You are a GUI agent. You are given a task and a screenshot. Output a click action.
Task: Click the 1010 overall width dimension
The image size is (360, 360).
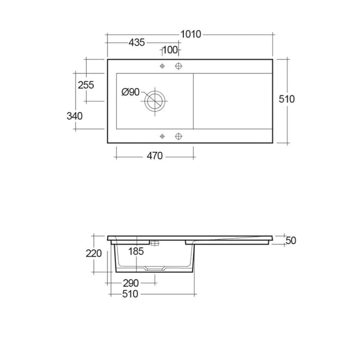(x=191, y=35)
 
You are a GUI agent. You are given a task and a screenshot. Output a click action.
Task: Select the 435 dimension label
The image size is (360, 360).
(x=137, y=43)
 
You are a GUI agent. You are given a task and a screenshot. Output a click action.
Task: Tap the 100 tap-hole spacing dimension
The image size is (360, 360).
(x=170, y=50)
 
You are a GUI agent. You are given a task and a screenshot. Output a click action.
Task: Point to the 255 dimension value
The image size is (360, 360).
(x=86, y=85)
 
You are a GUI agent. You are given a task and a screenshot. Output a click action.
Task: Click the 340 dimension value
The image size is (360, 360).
(x=74, y=116)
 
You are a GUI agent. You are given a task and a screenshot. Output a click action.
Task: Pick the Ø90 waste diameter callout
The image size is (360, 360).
(x=130, y=92)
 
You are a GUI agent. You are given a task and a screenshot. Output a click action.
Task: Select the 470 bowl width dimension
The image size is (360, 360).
(x=155, y=156)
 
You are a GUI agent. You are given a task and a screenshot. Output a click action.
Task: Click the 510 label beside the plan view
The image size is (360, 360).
(x=287, y=99)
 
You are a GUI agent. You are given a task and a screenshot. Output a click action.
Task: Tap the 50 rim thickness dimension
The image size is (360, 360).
(x=291, y=240)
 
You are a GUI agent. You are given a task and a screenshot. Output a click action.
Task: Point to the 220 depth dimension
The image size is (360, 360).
(x=93, y=254)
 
